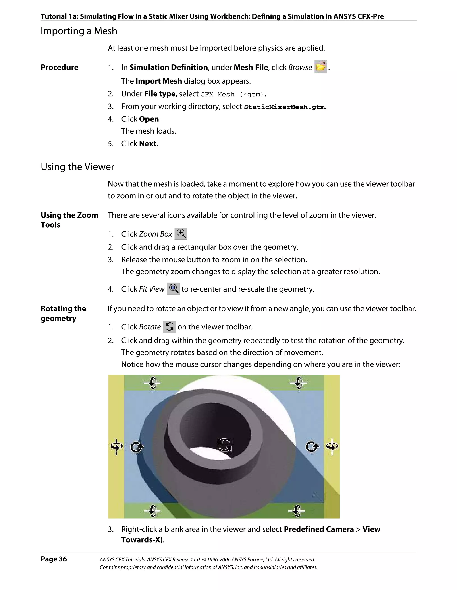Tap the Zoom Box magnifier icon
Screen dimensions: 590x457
(181, 234)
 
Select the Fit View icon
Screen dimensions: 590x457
(173, 288)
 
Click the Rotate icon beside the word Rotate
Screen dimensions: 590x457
(170, 327)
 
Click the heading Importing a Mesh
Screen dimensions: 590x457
(79, 31)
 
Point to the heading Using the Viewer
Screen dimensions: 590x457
(77, 167)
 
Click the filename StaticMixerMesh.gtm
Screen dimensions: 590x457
(284, 107)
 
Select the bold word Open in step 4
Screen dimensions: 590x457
(149, 119)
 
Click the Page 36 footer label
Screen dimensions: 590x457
(54, 559)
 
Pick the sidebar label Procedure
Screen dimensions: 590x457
(60, 67)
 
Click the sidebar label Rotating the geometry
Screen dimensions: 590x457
(63, 313)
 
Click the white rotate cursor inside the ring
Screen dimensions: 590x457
(224, 445)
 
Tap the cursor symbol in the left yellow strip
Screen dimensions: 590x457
(116, 446)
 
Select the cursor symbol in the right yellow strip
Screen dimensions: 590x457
(332, 446)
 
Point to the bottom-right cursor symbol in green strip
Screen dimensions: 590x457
(297, 511)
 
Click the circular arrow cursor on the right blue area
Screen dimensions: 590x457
(312, 447)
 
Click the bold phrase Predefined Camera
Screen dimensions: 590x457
(319, 529)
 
